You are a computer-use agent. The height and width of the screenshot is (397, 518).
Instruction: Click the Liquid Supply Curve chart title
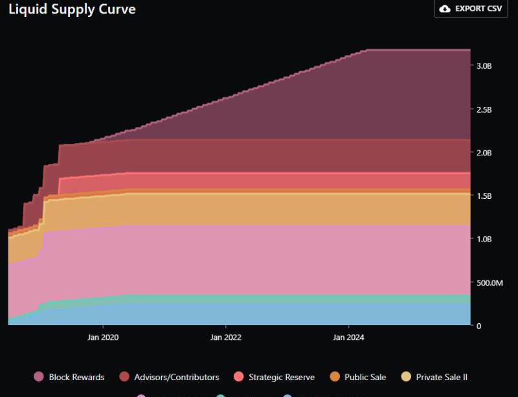(x=72, y=10)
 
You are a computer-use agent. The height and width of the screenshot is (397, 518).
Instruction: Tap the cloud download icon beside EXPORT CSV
(x=445, y=9)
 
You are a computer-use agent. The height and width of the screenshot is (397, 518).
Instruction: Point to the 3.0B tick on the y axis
(x=485, y=66)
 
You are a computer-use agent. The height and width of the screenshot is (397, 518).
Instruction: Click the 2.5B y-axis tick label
(x=485, y=109)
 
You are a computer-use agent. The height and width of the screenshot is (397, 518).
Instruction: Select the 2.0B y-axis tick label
(x=485, y=153)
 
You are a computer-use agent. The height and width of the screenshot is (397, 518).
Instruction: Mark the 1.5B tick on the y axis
(x=485, y=196)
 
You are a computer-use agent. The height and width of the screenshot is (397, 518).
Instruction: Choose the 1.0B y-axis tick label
(x=485, y=239)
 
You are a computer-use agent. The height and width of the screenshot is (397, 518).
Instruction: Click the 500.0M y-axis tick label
(x=490, y=282)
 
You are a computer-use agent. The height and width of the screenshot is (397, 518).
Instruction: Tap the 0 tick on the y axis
(x=479, y=326)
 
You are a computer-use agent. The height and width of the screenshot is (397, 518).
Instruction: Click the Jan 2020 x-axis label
(x=102, y=337)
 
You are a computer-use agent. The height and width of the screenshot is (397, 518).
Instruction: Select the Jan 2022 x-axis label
(x=225, y=337)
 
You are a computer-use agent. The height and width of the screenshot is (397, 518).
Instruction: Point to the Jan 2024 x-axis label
(x=348, y=337)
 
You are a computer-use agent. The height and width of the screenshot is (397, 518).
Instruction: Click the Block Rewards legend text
(x=76, y=377)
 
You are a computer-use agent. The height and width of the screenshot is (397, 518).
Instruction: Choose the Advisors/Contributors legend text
(x=177, y=377)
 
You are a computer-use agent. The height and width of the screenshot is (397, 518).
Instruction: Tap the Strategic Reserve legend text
(x=282, y=377)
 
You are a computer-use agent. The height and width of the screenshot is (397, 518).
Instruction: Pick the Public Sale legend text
(x=365, y=377)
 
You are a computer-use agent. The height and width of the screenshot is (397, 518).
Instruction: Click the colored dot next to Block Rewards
(x=39, y=377)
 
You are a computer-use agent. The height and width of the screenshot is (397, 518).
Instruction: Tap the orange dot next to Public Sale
(x=335, y=377)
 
